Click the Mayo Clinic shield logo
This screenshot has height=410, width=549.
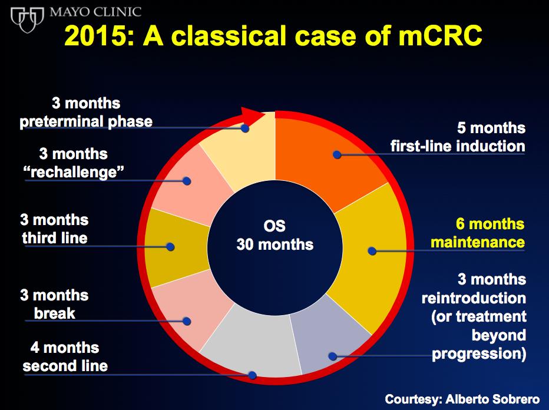pos(27,19)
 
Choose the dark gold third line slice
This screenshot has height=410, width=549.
pos(175,247)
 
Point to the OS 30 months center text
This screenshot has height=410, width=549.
pos(275,235)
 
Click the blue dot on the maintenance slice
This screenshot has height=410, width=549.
pos(372,251)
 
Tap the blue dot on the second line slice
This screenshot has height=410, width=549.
pos(252,375)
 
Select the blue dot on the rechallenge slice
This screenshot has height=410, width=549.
pos(187,181)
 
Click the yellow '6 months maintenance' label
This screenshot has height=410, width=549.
pos(478,233)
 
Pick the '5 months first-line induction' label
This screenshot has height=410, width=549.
pos(458,137)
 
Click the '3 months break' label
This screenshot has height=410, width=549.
pos(54,305)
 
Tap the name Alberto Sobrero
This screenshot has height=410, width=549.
pos(492,399)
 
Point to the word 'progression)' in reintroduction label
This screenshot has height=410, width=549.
pos(479,353)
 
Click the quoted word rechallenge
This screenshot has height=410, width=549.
pos(74,172)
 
